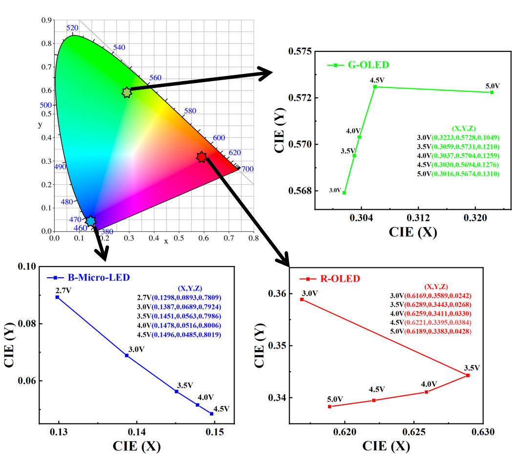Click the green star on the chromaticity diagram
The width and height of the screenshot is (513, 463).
(127, 92)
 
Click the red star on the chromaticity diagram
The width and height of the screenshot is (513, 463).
(201, 157)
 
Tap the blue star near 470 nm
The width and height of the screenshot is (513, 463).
(90, 221)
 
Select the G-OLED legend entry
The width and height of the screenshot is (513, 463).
(358, 65)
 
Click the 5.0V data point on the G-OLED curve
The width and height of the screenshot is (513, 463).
(492, 92)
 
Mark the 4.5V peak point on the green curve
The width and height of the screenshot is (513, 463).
(375, 87)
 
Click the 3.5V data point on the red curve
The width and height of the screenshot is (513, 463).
(468, 375)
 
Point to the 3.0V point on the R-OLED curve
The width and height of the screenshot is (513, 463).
(302, 299)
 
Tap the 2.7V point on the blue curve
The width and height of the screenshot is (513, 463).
(57, 297)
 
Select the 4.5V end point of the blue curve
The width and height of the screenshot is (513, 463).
(212, 414)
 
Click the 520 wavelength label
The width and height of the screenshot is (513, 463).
(72, 28)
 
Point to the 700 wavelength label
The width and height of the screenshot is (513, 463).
(247, 169)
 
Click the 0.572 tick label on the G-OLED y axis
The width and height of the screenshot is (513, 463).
(299, 98)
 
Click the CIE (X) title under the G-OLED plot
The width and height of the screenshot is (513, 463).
(413, 232)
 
